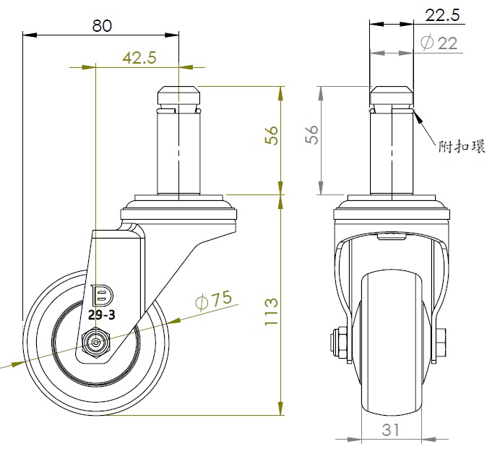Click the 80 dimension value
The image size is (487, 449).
tap(102, 26)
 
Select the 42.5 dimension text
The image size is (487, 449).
tap(139, 58)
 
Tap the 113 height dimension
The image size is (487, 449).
tap(271, 312)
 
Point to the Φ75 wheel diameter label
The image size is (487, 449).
tap(214, 300)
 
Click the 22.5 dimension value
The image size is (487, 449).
tap(442, 15)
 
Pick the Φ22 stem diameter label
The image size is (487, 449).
tap(439, 43)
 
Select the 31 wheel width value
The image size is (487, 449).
tap(390, 430)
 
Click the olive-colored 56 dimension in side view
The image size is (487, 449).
tap(271, 135)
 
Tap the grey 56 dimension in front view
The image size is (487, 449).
tap(312, 134)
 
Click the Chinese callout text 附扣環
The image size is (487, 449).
tap(462, 146)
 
